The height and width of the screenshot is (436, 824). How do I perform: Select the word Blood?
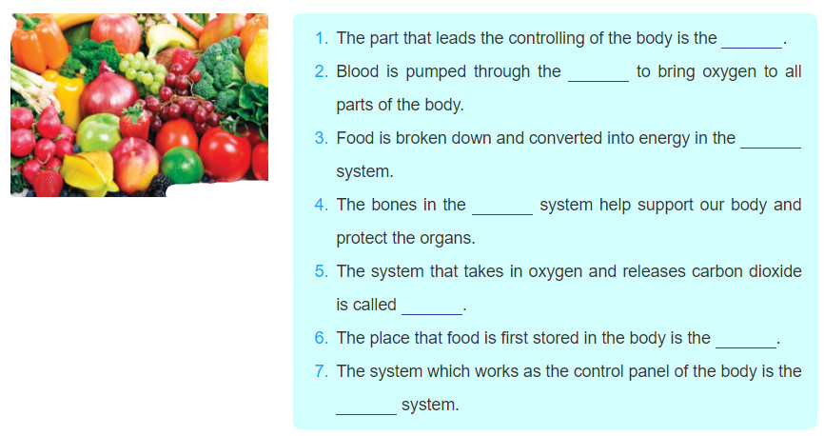tap(358, 71)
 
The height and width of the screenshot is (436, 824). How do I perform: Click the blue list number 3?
tap(321, 138)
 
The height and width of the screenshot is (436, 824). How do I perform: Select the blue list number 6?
tap(321, 338)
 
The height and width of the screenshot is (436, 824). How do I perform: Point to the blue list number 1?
tap(321, 38)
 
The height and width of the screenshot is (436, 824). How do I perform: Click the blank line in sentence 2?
tap(598, 81)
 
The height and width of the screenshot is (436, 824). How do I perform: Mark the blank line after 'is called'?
tap(432, 314)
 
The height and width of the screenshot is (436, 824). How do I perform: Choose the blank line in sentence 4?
tap(502, 214)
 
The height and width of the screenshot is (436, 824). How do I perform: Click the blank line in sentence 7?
tap(366, 414)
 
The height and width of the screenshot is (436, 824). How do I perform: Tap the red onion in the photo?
tap(108, 92)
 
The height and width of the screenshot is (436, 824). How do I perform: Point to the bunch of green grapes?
tap(143, 71)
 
